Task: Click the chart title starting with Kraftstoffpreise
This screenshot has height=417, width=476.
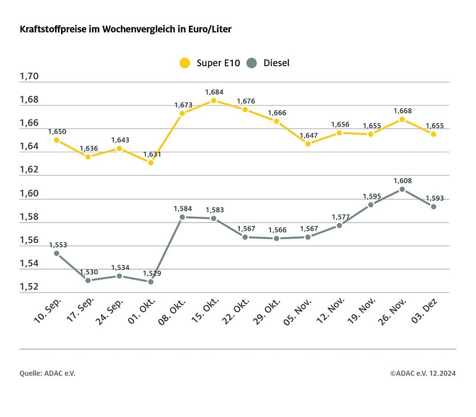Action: click(x=126, y=29)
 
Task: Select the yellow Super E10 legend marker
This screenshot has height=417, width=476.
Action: click(x=184, y=63)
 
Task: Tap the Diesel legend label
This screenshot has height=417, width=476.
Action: click(x=276, y=63)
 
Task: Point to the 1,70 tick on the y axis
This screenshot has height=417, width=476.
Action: click(x=29, y=76)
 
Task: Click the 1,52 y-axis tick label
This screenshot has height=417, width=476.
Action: click(x=29, y=287)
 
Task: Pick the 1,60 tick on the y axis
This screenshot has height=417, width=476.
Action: click(x=29, y=193)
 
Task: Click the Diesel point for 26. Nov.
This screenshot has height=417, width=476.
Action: click(x=402, y=189)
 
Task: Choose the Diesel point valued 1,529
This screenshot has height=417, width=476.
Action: click(x=151, y=282)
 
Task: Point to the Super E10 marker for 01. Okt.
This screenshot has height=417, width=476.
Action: click(x=151, y=163)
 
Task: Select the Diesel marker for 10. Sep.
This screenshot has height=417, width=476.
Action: click(x=57, y=253)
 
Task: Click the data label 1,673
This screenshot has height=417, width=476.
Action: click(x=183, y=105)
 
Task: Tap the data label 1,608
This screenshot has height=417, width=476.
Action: click(x=402, y=180)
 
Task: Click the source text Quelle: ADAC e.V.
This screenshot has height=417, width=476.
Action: click(x=47, y=373)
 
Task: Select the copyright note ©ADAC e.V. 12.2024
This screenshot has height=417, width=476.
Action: click(x=423, y=373)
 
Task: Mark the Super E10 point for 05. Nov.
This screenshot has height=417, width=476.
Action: click(x=308, y=144)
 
